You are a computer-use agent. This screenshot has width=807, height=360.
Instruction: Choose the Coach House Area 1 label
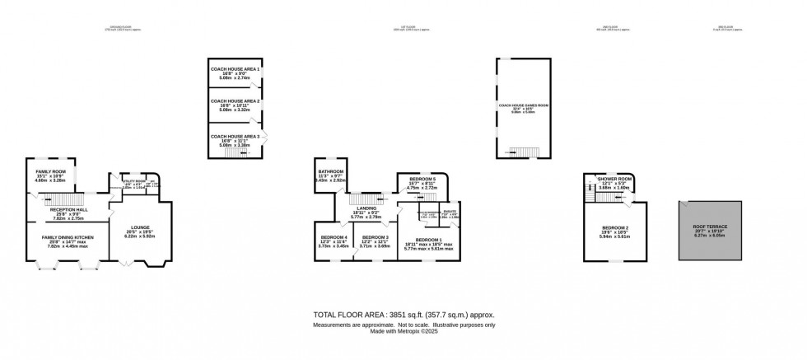pyautogui.click(x=235, y=69)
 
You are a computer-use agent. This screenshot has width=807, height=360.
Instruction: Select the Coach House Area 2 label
pyautogui.click(x=235, y=101)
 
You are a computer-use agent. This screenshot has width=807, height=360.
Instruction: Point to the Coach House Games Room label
pyautogui.click(x=523, y=105)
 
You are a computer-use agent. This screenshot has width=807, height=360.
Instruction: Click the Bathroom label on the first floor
pyautogui.click(x=331, y=171)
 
